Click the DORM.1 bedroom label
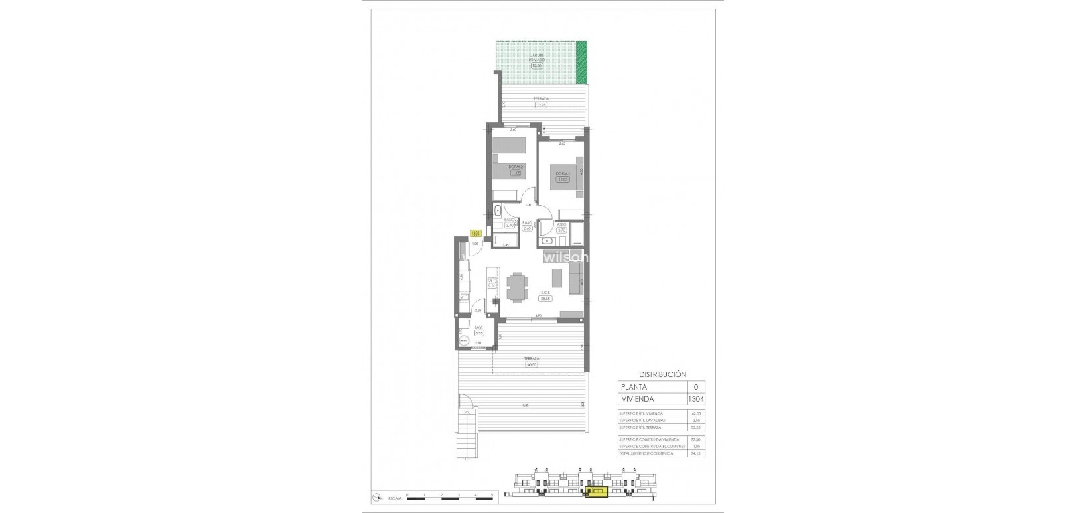coord(562,173)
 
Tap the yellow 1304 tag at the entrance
coord(475,233)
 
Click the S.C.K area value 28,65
coord(546,298)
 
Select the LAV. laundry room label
coord(478,327)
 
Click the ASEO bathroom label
coord(561,224)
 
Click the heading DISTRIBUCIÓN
coord(662,374)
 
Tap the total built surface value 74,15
coord(695,453)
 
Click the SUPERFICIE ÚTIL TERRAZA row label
coord(640,427)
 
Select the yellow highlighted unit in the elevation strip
coord(596,492)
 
